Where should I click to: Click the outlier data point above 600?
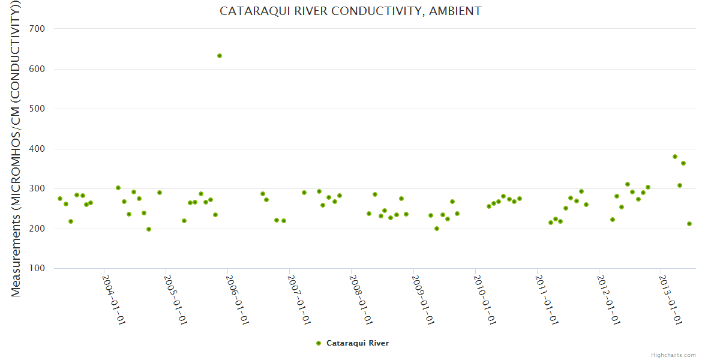click(220, 56)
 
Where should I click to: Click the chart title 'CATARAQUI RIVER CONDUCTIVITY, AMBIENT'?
click(350, 11)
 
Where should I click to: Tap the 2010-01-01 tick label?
click(484, 299)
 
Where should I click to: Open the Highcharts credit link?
click(673, 355)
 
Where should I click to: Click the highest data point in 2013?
click(675, 157)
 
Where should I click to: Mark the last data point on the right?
click(689, 224)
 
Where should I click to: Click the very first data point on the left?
click(60, 199)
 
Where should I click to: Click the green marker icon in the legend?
click(319, 343)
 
